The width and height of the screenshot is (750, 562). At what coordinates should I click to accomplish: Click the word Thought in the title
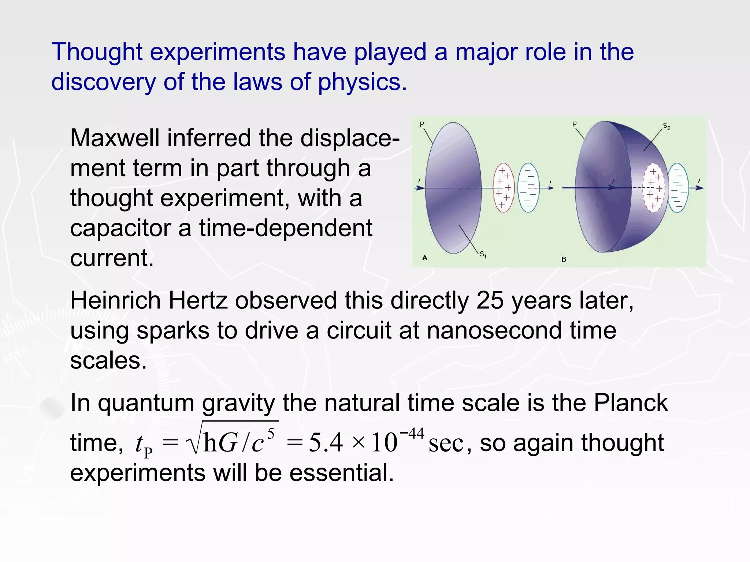click(97, 52)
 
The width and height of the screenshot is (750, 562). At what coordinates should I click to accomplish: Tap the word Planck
click(631, 403)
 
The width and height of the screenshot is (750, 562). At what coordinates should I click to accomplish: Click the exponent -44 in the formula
click(412, 434)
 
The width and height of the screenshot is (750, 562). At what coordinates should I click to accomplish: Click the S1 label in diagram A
click(483, 254)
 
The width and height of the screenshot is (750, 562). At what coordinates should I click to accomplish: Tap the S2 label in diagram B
click(667, 127)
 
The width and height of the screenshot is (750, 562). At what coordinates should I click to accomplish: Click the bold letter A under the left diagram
click(425, 258)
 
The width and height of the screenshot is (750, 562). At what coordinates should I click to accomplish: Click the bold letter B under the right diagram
click(564, 259)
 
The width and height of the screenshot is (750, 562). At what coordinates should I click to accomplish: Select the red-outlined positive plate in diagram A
click(504, 188)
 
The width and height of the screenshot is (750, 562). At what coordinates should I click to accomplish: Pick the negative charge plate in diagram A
click(528, 188)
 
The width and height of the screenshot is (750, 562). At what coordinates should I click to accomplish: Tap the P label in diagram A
click(422, 124)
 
